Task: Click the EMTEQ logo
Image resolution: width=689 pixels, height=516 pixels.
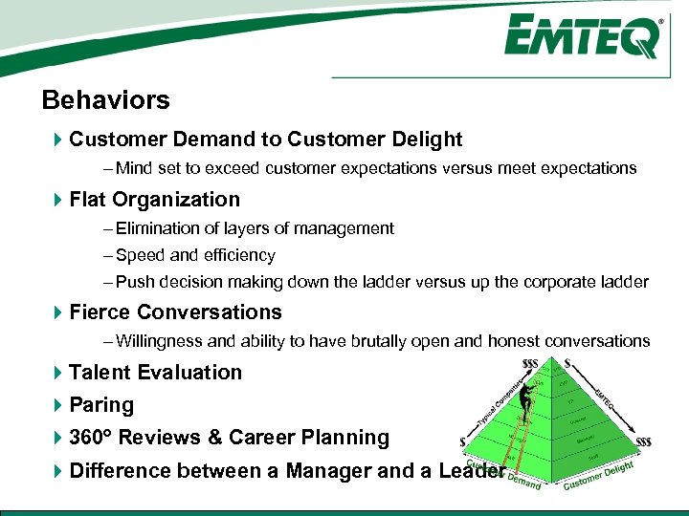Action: (583, 37)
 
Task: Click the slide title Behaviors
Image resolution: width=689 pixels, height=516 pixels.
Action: (105, 100)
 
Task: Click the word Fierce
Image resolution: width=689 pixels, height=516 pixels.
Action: (100, 312)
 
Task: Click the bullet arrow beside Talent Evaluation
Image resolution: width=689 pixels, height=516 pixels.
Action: (57, 373)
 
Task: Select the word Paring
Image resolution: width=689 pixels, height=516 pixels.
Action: (101, 405)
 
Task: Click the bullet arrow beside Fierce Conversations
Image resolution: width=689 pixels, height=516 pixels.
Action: (57, 312)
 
